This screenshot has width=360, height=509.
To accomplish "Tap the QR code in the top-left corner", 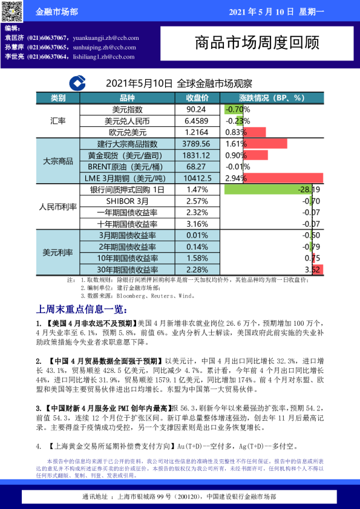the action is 11,11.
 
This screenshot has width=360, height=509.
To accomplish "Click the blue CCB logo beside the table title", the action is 77,83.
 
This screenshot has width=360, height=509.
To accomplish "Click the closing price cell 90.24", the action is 196,109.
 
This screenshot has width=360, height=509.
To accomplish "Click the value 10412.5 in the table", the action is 197,178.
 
